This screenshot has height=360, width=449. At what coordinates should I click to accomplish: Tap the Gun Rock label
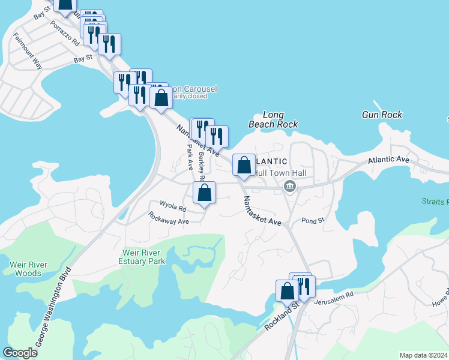pyautogui.click(x=382, y=115)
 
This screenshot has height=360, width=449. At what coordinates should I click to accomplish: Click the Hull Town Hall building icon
pyautogui.click(x=290, y=187)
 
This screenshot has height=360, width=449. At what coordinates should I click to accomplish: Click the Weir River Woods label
pyautogui.click(x=26, y=269)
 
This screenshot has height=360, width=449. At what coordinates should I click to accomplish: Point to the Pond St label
pyautogui.click(x=313, y=221)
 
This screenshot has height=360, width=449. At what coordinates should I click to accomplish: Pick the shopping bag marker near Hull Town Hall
pyautogui.click(x=244, y=165)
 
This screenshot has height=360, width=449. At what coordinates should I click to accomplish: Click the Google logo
pyautogui.click(x=20, y=353)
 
